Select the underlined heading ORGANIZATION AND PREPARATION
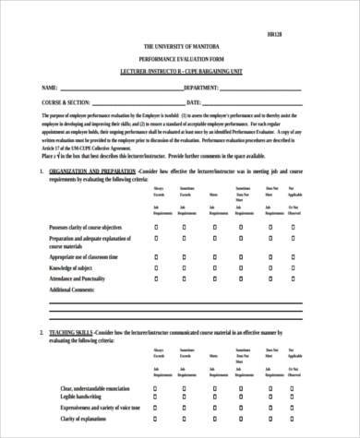point(80,172)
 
